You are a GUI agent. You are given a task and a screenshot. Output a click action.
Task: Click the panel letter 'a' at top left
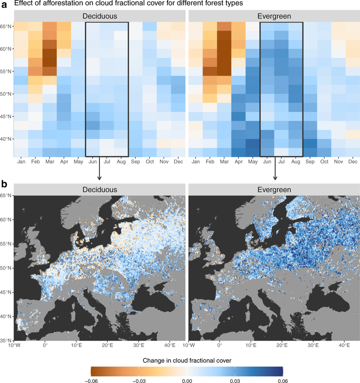tap(4, 5)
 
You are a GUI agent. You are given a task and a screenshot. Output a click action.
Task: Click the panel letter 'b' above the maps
tap(4, 184)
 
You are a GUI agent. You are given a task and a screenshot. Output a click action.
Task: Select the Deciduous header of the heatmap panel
tap(99, 16)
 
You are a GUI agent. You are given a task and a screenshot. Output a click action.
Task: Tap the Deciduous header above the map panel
tap(99, 189)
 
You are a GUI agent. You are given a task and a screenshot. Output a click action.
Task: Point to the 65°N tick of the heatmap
tap(6, 26)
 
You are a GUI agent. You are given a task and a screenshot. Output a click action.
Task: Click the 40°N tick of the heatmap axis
tap(6, 139)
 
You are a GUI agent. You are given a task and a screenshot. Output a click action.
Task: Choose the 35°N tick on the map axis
tap(6, 340)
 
